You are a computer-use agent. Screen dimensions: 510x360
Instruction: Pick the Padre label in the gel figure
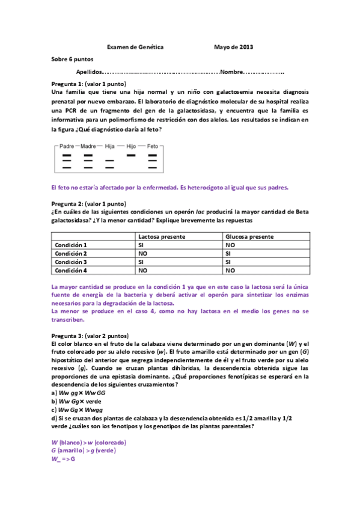(67, 146)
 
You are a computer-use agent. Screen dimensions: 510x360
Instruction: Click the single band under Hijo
(131, 155)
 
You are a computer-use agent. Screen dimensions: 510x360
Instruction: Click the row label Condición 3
(71, 262)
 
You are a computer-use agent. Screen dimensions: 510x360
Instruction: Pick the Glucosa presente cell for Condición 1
(230, 245)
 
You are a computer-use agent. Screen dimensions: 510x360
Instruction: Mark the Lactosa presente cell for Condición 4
(144, 271)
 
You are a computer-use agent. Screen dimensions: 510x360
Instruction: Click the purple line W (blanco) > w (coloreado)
(89, 442)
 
